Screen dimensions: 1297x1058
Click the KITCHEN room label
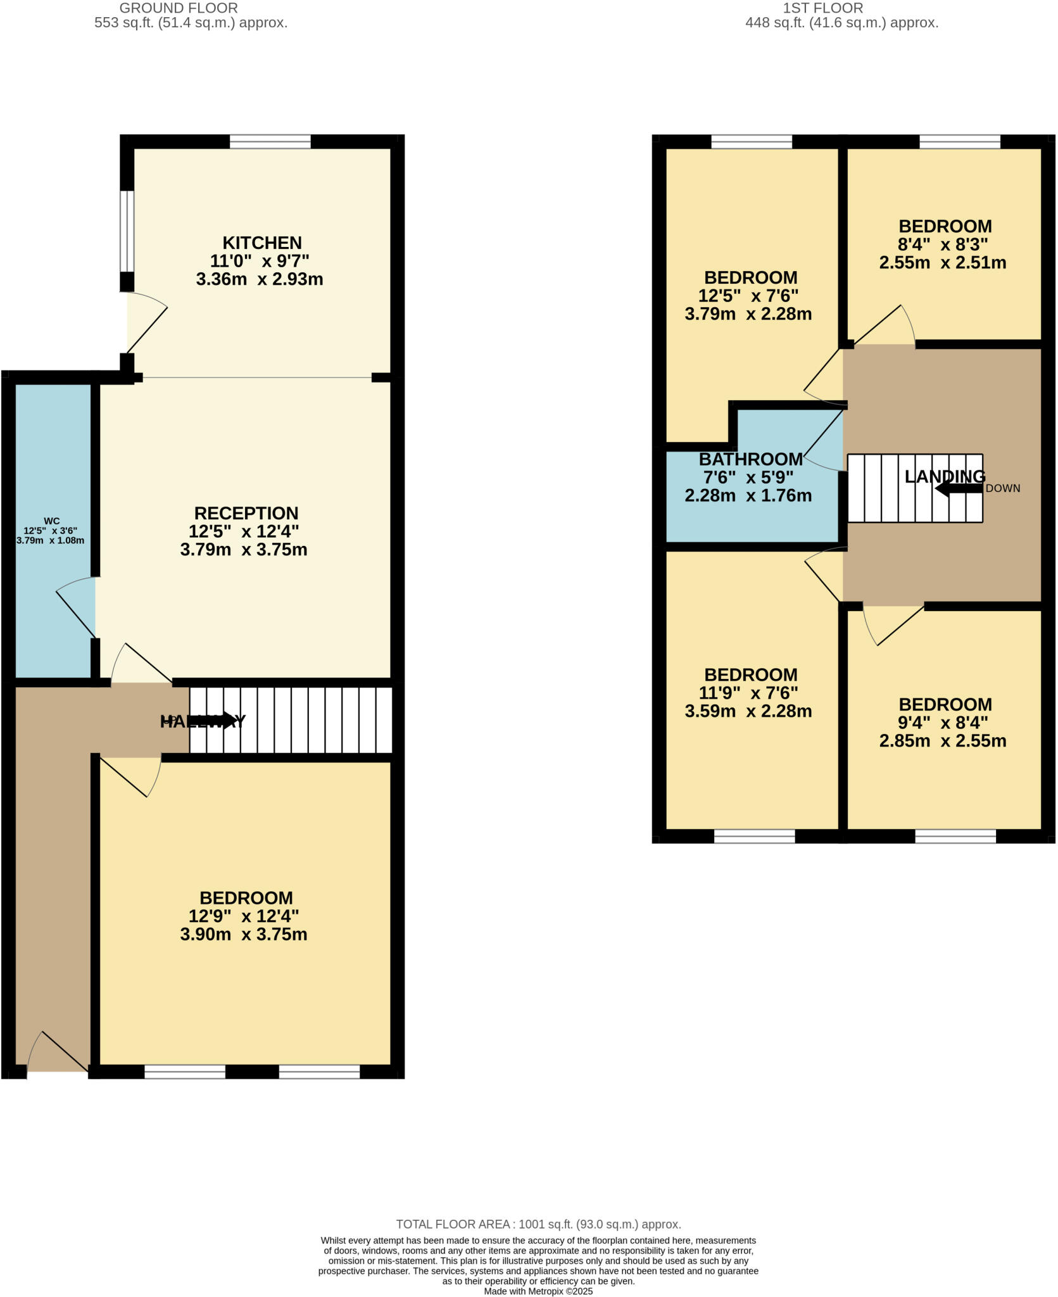click(261, 243)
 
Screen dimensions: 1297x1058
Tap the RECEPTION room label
click(246, 513)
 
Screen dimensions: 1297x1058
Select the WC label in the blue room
click(51, 521)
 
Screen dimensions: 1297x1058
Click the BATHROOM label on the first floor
click(750, 459)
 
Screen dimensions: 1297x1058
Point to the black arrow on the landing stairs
click(959, 488)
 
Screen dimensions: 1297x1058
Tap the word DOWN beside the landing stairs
click(1003, 488)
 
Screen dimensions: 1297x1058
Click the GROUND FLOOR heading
click(179, 8)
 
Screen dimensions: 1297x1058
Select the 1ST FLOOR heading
click(822, 8)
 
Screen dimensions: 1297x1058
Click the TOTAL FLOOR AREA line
click(538, 1224)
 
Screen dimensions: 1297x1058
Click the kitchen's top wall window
click(270, 141)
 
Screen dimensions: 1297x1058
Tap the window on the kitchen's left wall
click(127, 231)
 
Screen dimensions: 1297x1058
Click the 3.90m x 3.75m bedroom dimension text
click(244, 934)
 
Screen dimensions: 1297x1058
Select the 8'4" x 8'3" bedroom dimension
click(943, 244)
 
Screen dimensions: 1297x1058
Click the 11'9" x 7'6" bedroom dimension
click(748, 693)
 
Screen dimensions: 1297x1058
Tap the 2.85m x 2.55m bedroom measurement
click(943, 740)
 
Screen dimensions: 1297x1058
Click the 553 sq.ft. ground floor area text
click(191, 23)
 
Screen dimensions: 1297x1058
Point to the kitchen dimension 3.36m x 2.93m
click(260, 279)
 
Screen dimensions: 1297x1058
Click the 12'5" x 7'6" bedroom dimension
click(748, 296)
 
